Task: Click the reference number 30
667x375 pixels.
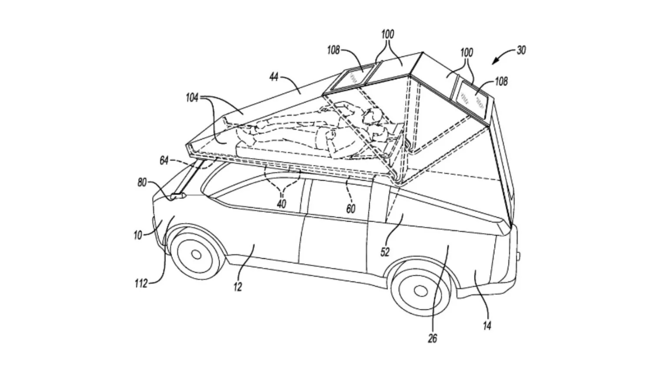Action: click(x=521, y=50)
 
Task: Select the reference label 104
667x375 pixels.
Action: click(x=192, y=98)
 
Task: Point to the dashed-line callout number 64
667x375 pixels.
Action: click(x=164, y=161)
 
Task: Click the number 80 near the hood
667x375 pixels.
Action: click(x=142, y=183)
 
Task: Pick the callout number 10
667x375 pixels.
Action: click(x=138, y=235)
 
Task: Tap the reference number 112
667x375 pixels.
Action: click(x=141, y=284)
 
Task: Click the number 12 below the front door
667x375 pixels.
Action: click(x=238, y=286)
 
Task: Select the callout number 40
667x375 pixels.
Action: click(x=281, y=204)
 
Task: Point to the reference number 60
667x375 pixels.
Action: click(x=350, y=209)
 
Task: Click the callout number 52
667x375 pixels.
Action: click(x=385, y=252)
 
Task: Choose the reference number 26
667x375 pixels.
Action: click(x=433, y=339)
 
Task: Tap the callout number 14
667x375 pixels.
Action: click(x=487, y=325)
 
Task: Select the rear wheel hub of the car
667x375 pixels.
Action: click(x=420, y=289)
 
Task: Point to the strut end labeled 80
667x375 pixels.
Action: click(x=178, y=196)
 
